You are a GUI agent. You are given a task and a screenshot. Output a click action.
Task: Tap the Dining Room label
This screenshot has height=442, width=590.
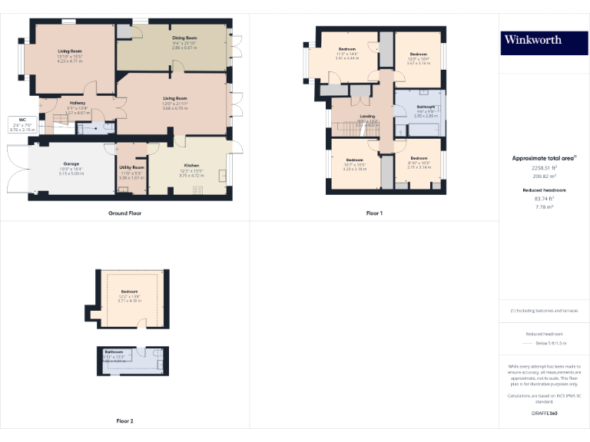pos(184,38)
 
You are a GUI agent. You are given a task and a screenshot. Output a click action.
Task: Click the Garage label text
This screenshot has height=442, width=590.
pos(71,163)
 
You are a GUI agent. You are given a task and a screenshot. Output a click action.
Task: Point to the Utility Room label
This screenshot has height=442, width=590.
pos(132,167)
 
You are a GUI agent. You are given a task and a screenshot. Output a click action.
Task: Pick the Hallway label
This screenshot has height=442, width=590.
pos(78,103)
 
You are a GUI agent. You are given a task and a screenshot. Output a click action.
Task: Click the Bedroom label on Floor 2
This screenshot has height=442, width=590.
pos(129,292)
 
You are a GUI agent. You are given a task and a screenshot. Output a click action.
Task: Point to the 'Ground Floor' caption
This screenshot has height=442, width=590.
pos(125,213)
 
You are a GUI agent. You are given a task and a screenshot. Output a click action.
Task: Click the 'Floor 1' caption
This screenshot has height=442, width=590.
pos(374,213)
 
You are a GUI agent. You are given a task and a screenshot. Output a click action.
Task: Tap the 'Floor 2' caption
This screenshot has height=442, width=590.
pos(125,421)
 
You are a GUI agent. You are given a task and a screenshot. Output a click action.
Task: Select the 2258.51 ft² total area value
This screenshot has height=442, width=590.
pos(544,167)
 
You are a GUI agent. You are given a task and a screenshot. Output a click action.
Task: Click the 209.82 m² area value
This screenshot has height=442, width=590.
pos(544,176)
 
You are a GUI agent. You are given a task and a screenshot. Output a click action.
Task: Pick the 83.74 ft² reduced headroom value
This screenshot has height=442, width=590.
pos(544,198)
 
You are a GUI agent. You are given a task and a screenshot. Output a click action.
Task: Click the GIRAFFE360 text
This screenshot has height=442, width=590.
pos(544,413)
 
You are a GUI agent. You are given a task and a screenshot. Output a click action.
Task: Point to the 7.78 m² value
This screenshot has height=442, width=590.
pos(544,206)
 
